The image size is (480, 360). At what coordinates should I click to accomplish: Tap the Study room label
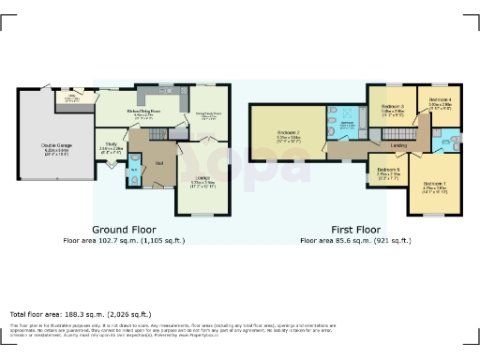[x=110, y=145]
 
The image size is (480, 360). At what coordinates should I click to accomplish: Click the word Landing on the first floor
[x=398, y=145]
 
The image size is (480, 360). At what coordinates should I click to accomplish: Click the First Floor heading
[x=355, y=229]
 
